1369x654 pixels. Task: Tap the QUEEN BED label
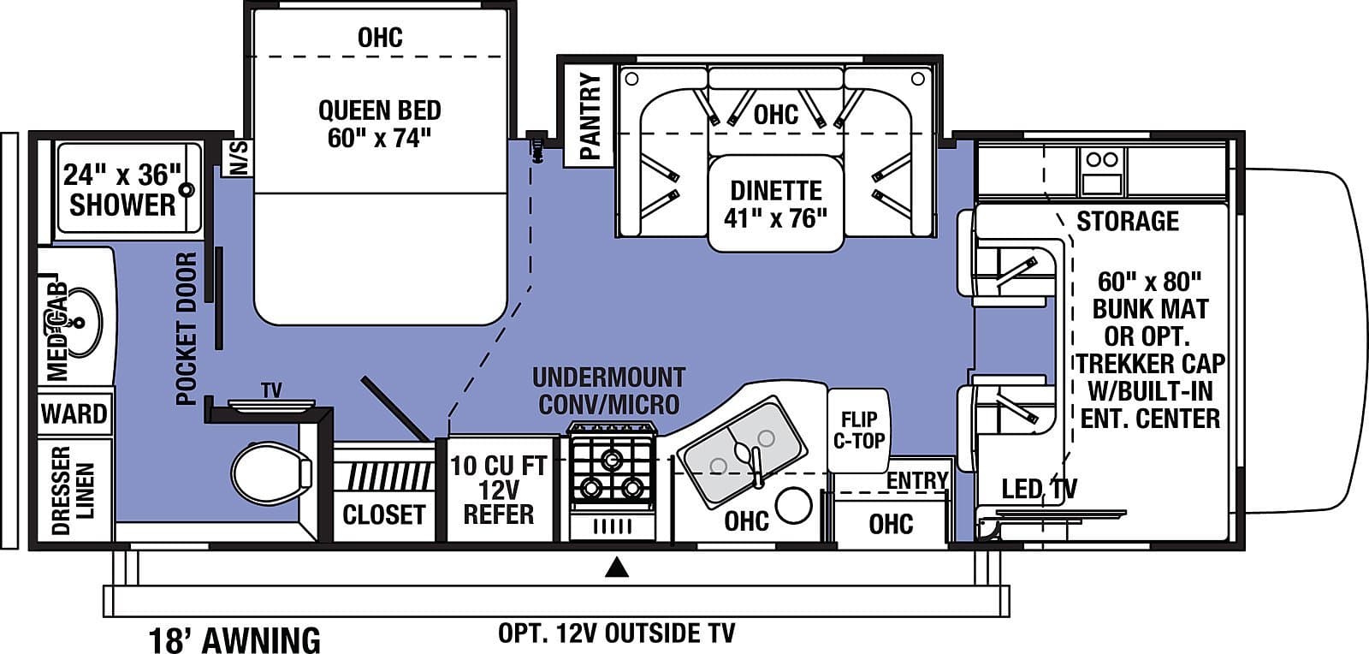click(379, 124)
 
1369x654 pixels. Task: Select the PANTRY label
click(590, 116)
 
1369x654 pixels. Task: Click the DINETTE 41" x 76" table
click(775, 204)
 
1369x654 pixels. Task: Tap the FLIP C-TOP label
click(858, 430)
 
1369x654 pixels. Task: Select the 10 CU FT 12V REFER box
click(498, 490)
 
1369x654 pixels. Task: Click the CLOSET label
click(383, 514)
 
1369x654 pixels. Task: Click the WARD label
click(74, 414)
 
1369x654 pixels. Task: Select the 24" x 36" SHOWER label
click(122, 190)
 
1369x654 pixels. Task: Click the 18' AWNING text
click(234, 639)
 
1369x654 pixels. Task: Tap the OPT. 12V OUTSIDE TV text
click(616, 633)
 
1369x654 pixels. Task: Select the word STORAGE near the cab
click(1127, 221)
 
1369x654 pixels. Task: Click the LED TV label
click(1039, 490)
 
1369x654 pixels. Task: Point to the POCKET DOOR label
click(187, 329)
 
